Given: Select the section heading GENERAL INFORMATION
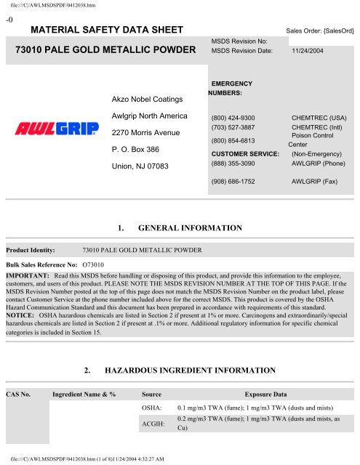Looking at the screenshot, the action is click(190, 228).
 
